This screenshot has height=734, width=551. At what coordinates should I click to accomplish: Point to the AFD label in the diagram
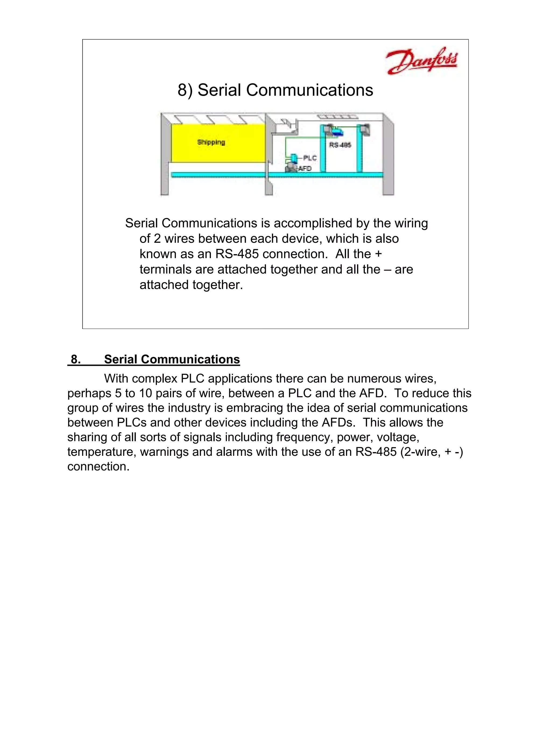click(305, 169)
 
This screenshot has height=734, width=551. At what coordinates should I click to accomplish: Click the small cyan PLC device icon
click(294, 157)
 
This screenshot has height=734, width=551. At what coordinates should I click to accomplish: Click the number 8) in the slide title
click(185, 90)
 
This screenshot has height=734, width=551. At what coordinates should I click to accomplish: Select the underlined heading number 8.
click(75, 359)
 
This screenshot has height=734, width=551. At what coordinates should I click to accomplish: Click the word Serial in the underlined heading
click(120, 359)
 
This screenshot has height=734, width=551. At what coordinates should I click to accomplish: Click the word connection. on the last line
click(98, 466)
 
